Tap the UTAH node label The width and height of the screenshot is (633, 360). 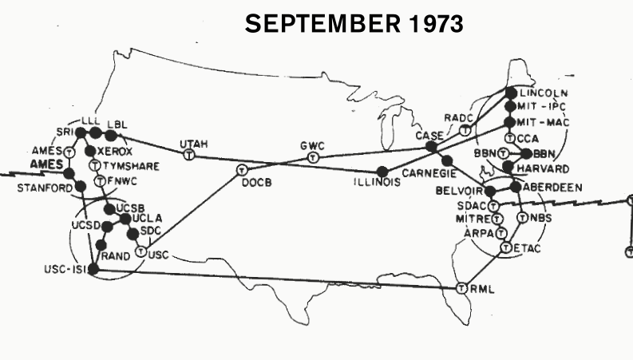coord(193,144)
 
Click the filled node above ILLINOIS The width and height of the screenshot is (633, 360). coord(382,170)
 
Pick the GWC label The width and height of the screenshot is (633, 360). coord(312,147)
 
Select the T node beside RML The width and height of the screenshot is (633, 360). coord(461,287)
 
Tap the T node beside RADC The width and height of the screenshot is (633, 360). coord(465,129)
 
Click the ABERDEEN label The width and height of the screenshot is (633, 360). coord(552,187)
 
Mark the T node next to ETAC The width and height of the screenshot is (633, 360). coord(506,248)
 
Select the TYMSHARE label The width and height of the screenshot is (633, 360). coord(130,166)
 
